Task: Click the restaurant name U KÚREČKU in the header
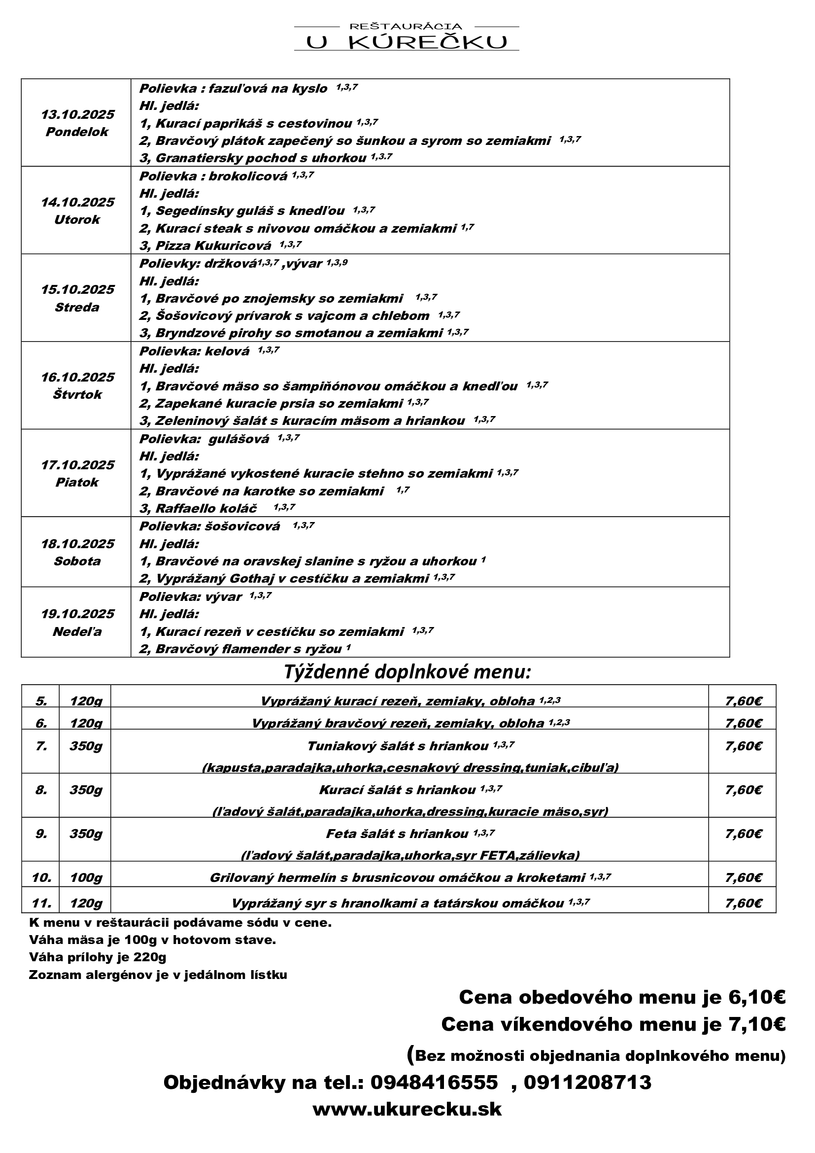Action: [x=407, y=43]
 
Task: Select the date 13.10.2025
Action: [x=77, y=114]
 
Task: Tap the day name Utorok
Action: [x=77, y=219]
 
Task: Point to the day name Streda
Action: [x=77, y=307]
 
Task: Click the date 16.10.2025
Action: [x=77, y=377]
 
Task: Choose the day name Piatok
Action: [x=77, y=482]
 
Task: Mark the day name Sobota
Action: [x=77, y=561]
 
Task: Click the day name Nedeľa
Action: [x=77, y=631]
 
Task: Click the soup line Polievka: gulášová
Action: [x=204, y=439]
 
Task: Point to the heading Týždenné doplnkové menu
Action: [x=407, y=672]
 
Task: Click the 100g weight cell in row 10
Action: [x=85, y=877]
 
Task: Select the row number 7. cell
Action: [x=41, y=746]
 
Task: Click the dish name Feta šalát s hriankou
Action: [x=397, y=834]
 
